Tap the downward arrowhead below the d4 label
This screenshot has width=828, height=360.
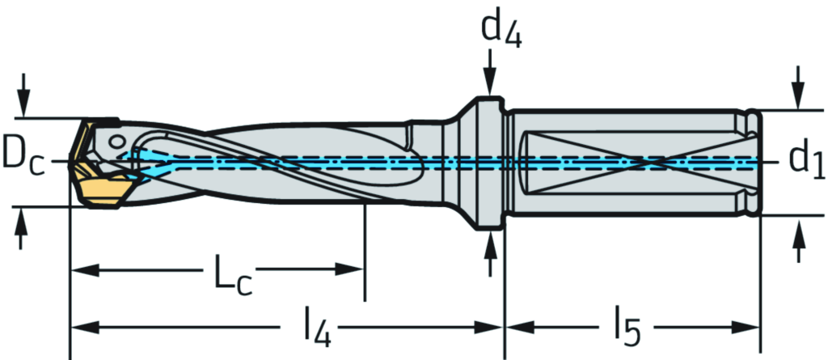point(490,85)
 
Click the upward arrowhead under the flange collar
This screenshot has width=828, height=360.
point(490,242)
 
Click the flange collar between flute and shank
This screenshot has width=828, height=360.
point(486,163)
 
